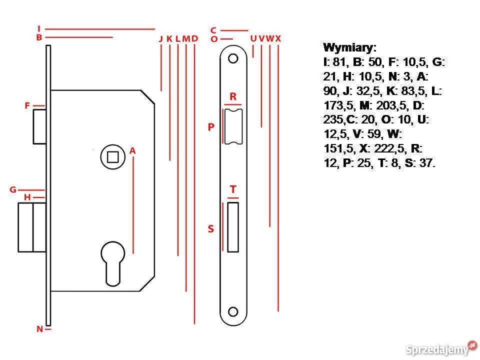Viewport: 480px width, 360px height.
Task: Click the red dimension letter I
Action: coord(39,29)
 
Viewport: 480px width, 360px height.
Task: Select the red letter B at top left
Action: coord(39,37)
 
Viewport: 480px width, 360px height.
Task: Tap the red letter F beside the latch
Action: coord(28,106)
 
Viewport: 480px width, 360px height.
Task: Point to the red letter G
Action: coord(13,190)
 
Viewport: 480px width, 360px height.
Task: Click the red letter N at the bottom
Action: coord(39,329)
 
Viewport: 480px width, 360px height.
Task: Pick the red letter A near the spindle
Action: coord(132,150)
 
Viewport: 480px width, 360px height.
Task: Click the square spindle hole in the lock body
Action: coord(112,156)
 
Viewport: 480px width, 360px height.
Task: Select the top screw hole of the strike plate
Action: coord(233,58)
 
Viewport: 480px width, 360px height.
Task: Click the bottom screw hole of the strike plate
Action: coord(233,311)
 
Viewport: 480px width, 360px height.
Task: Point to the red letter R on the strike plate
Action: coord(233,96)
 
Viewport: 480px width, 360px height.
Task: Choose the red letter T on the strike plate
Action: coord(233,190)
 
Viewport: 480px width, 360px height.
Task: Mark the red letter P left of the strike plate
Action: coord(211,127)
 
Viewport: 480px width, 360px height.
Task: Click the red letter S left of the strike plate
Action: coord(211,229)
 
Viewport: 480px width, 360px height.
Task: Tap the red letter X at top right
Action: coord(278,38)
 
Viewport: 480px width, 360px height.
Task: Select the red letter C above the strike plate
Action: coord(213,30)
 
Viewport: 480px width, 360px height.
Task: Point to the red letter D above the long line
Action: coord(194,38)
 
